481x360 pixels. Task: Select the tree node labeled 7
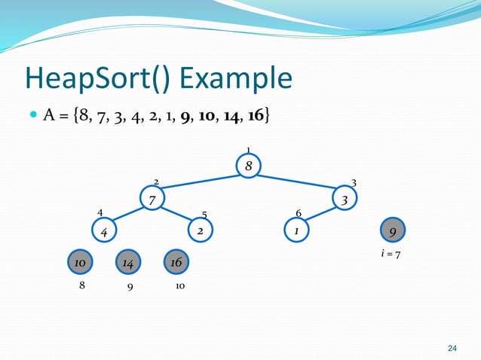pos(152,200)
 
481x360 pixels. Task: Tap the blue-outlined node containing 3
pos(345,200)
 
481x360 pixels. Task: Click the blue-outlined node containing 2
pos(201,230)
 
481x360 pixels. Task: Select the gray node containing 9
pos(393,230)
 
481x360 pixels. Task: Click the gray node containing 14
pos(128,262)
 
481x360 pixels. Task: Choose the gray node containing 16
pos(176,262)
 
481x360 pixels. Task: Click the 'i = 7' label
pos(391,255)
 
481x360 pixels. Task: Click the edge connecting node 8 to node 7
pos(201,184)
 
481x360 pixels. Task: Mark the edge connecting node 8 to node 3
pos(296,183)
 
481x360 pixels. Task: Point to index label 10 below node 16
pos(180,287)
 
